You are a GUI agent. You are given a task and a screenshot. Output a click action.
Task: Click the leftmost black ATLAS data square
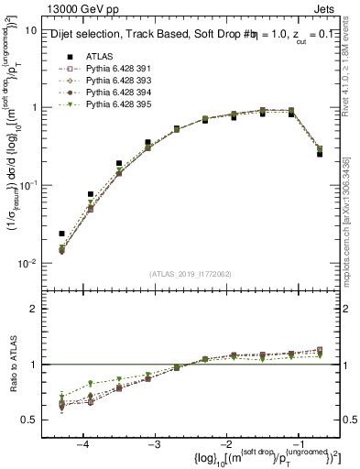[x=61, y=234]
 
